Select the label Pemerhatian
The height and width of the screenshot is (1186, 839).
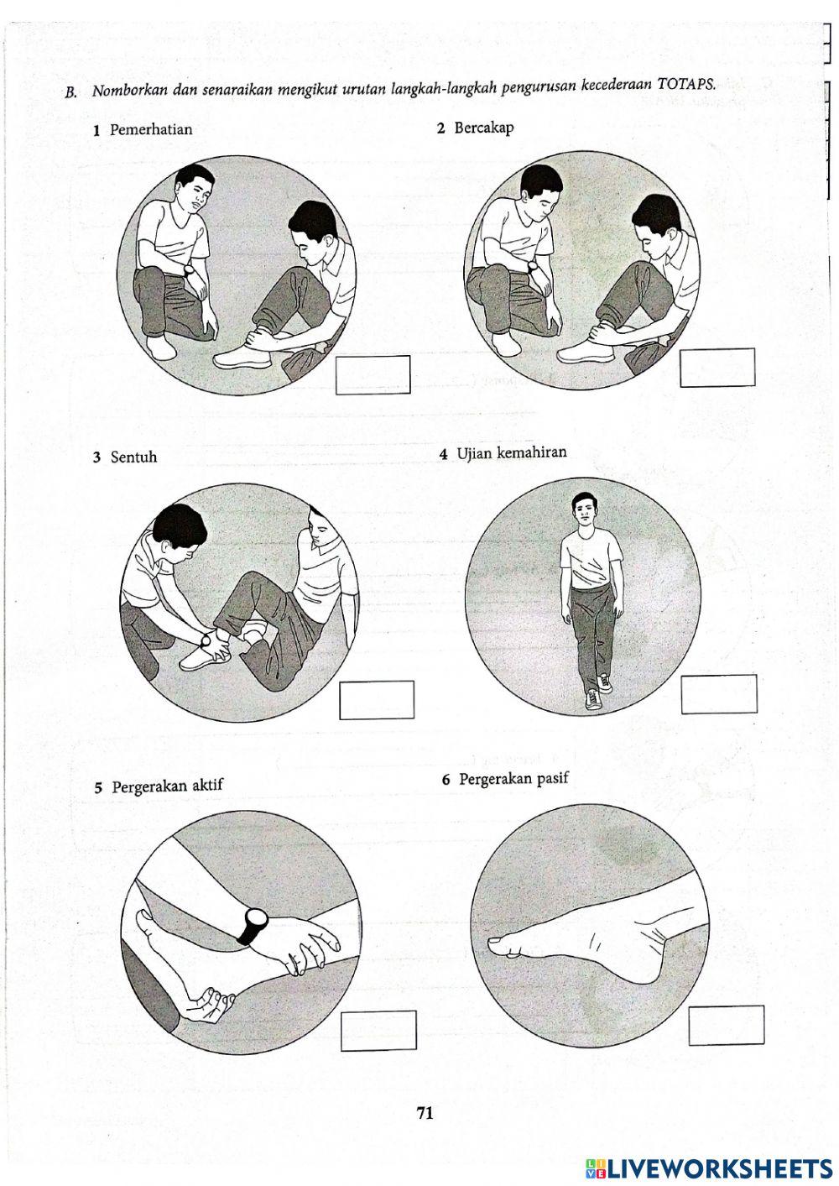151,130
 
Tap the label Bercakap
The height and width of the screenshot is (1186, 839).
484,128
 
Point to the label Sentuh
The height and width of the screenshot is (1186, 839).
133,457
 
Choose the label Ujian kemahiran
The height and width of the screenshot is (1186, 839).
511,453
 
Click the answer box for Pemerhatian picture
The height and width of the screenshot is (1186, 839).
373,375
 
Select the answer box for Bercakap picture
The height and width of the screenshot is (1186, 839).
717,368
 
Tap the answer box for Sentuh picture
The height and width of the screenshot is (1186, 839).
377,700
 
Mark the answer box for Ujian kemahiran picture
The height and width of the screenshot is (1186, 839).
719,694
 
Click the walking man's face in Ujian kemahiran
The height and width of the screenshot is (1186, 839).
583,510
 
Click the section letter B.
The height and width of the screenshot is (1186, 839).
71,93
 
